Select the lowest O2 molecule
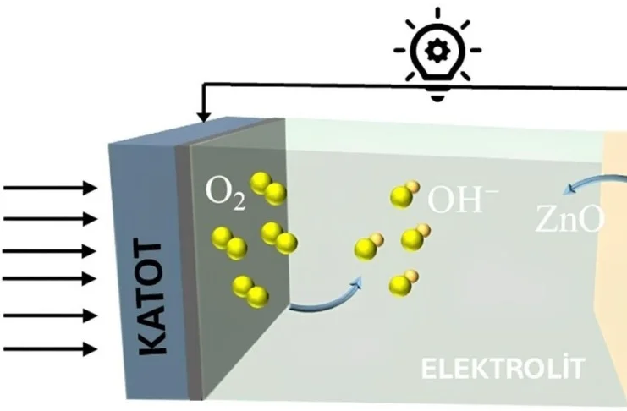pyautogui.click(x=250, y=290)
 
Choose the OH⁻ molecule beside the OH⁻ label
pyautogui.click(x=404, y=195)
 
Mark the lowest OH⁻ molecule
pyautogui.click(x=402, y=283)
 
